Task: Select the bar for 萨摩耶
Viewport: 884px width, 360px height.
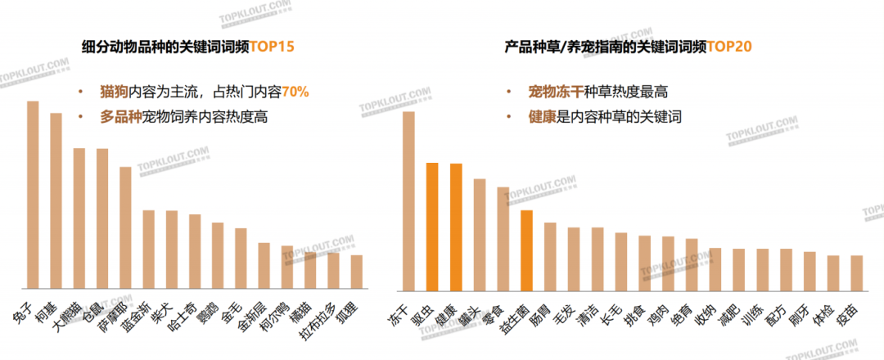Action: point(125,228)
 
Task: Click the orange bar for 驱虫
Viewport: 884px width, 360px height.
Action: point(432,227)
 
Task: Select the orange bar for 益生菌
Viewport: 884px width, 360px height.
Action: point(527,250)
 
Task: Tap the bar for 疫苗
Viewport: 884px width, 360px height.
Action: point(857,273)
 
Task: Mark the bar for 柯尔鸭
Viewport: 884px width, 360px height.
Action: point(287,268)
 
